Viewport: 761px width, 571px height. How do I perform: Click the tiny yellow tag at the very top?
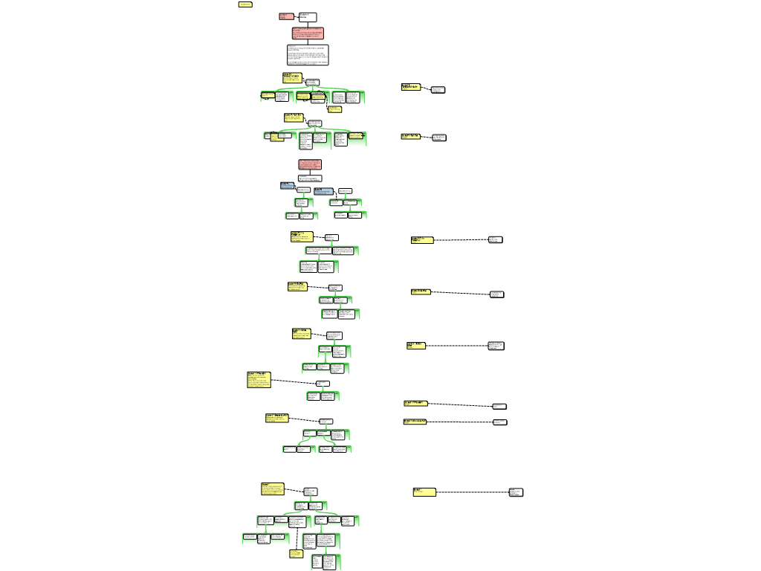(x=245, y=4)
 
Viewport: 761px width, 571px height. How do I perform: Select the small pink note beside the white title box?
(x=286, y=16)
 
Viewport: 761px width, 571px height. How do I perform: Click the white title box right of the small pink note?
(x=308, y=17)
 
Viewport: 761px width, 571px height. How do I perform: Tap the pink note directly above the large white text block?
(x=308, y=33)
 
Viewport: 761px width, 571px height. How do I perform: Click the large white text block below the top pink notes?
(x=308, y=55)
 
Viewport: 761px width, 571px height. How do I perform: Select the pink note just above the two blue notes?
(x=310, y=164)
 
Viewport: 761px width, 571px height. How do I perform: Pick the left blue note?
(x=287, y=185)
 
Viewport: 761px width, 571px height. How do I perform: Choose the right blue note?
(x=323, y=191)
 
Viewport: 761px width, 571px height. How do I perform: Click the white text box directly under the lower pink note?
(x=310, y=178)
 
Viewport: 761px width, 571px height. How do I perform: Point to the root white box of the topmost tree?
(x=312, y=82)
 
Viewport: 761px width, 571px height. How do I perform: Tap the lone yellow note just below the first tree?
(x=334, y=109)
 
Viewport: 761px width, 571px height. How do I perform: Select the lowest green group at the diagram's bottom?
(x=326, y=562)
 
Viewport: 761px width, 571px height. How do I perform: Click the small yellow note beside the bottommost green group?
(x=296, y=554)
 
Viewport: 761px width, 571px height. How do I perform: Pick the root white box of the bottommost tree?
(x=311, y=491)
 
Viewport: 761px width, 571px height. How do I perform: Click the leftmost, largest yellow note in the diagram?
(x=259, y=380)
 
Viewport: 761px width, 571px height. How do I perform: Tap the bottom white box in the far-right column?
(x=516, y=492)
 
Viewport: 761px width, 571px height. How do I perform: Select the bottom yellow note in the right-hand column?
(x=424, y=492)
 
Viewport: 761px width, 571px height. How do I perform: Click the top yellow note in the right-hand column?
(x=410, y=87)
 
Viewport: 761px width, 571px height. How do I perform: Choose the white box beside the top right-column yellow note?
(x=438, y=90)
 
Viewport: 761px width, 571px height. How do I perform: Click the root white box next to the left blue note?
(x=303, y=190)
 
